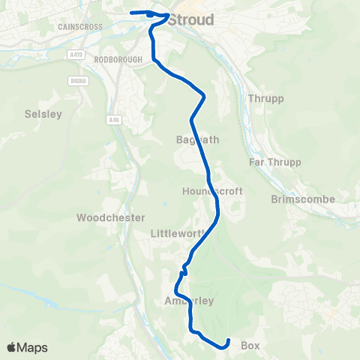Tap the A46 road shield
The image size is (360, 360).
113,118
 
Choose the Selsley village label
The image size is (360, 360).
43,114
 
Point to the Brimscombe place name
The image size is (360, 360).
303,199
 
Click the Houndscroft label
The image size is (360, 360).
213,191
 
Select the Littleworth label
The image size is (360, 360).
178,233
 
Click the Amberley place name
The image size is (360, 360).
189,301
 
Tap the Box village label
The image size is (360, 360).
250,346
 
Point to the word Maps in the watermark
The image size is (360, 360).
33,348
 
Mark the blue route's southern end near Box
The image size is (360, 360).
227,342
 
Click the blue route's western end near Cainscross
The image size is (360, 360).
132,13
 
